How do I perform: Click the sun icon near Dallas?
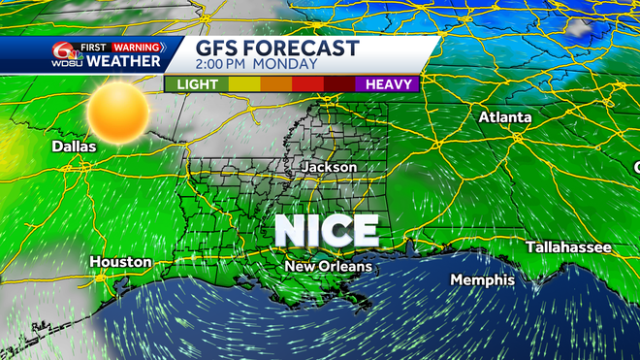click(117, 112)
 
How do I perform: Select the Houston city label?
click(120, 262)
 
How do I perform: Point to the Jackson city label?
click(330, 168)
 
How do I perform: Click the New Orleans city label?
click(328, 266)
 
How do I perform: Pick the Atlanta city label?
click(504, 117)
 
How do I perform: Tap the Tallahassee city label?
click(568, 247)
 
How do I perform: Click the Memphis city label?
click(482, 279)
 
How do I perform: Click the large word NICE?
click(326, 231)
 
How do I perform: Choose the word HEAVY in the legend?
click(392, 84)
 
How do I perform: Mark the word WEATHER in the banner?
click(124, 62)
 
